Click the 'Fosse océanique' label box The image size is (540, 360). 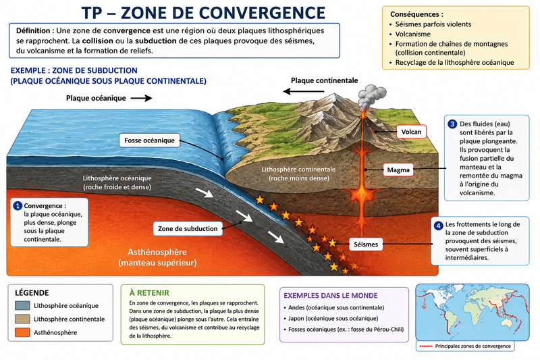coord(149,140)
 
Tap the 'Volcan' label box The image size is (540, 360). coord(411,132)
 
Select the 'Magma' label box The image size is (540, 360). coord(398,170)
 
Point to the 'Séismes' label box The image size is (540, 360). coord(366,245)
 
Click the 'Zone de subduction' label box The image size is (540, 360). coord(188,228)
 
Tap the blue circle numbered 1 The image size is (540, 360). coord(18,205)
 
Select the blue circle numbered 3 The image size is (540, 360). coord(452,124)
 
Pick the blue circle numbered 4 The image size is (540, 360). coord(438,226)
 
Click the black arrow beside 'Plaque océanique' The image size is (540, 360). coord(141,98)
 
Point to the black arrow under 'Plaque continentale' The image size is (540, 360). coord(303,91)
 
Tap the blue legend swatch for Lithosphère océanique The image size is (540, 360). coord(22,305)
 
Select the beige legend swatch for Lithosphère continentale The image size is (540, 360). coord(22,319)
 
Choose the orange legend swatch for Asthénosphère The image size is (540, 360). coord(22,332)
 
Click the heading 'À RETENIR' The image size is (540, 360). coord(149,293)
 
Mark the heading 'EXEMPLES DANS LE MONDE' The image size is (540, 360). coord(331,296)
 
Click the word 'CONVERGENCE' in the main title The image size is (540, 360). coord(262,13)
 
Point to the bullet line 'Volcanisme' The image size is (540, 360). coord(413,34)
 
